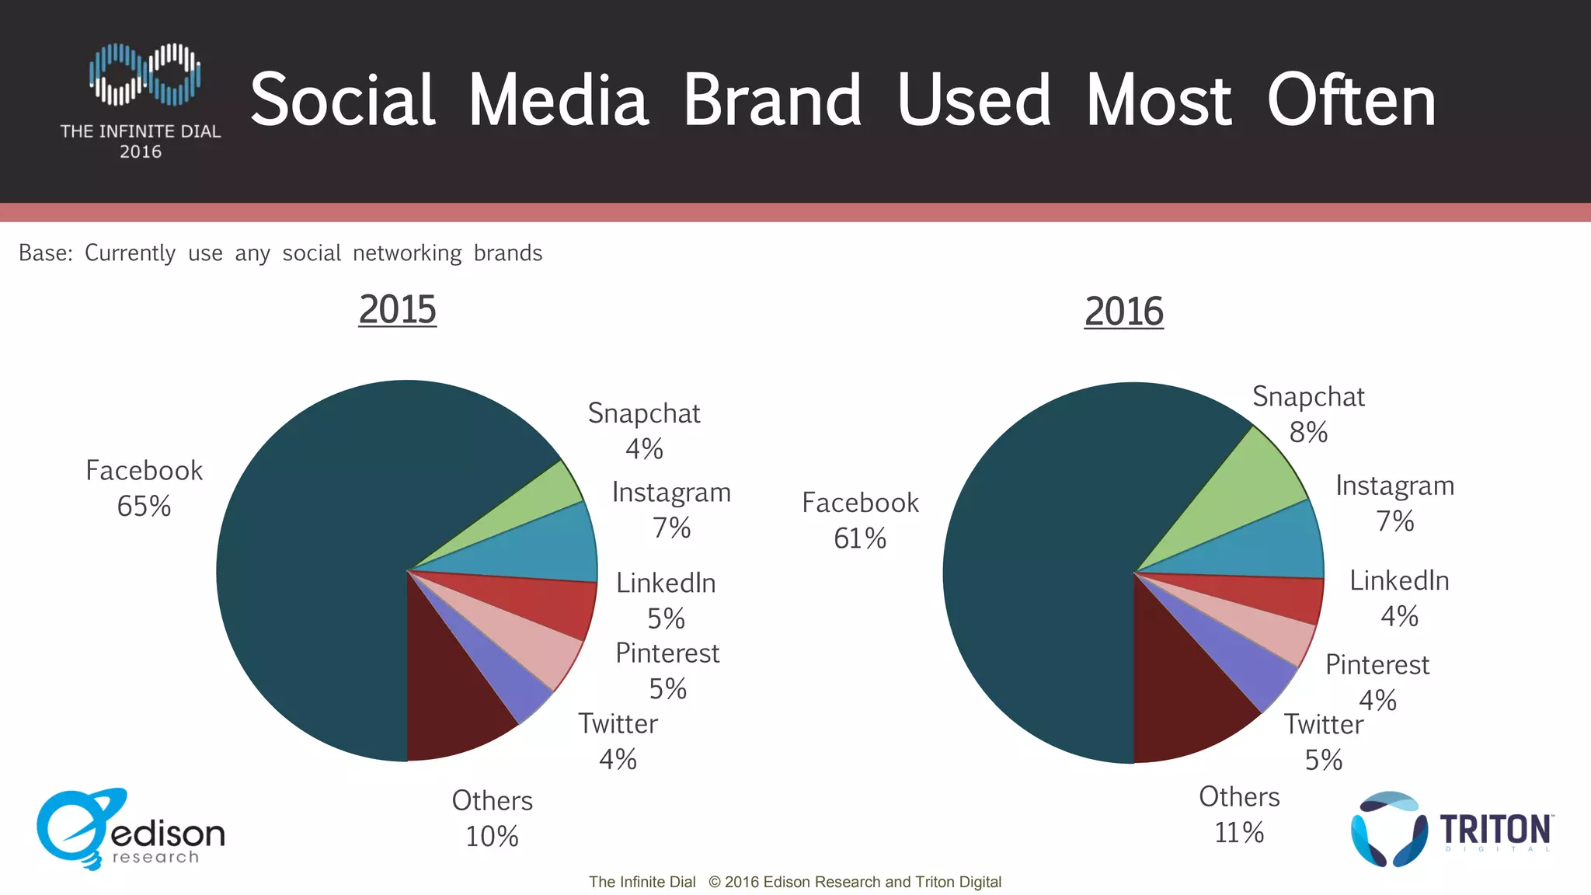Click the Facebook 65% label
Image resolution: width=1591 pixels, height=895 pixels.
point(144,488)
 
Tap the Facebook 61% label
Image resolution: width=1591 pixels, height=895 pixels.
point(860,520)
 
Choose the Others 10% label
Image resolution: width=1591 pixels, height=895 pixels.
point(492,818)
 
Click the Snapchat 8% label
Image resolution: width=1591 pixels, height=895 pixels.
point(1308,413)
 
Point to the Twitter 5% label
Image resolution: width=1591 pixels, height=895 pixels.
point(1323,741)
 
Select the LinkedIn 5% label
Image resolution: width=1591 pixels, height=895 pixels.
point(666,600)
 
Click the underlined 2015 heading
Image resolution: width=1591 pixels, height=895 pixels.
point(397,309)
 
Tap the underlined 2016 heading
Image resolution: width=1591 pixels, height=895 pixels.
point(1123,312)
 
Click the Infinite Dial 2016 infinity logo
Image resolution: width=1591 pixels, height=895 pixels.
point(144,75)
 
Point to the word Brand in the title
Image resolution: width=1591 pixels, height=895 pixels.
point(772,100)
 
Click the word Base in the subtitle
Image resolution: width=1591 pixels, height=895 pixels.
point(44,253)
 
